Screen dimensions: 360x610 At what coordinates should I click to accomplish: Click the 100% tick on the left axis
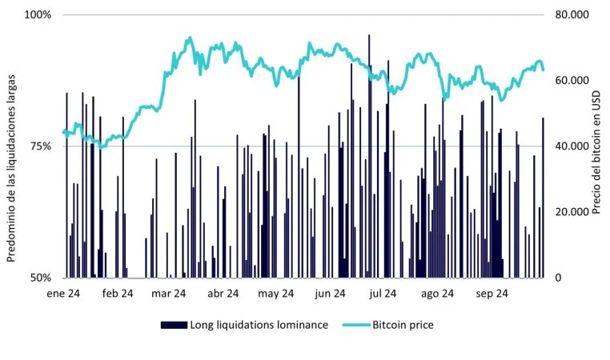(x=39, y=15)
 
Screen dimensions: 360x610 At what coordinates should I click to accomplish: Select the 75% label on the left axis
(x=42, y=146)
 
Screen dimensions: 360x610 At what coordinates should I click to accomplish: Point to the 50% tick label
(x=42, y=278)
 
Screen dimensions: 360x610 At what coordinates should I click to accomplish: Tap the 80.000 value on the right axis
(x=571, y=15)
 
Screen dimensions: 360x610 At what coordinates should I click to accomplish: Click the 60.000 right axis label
(x=571, y=81)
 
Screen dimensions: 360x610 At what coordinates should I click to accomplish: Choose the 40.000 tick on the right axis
(x=571, y=146)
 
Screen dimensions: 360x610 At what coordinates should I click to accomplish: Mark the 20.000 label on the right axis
(x=571, y=212)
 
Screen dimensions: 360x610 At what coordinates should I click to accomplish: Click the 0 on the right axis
(x=557, y=278)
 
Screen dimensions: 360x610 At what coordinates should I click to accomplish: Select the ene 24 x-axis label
(x=63, y=294)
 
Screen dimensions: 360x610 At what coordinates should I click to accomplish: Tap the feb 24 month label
(x=117, y=294)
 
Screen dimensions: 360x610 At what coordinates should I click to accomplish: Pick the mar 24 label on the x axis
(x=168, y=294)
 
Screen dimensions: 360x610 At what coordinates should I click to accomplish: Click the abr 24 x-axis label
(x=223, y=294)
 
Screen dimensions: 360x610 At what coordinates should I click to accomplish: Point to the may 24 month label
(x=275, y=294)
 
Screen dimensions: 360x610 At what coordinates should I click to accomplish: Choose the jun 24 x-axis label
(x=330, y=294)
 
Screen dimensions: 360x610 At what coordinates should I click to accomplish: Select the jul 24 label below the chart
(x=383, y=294)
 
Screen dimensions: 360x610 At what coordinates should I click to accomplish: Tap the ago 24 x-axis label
(x=437, y=294)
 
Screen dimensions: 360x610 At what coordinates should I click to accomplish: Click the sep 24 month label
(x=492, y=294)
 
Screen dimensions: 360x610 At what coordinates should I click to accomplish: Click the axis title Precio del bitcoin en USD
(x=596, y=146)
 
